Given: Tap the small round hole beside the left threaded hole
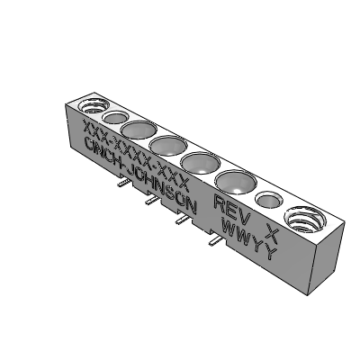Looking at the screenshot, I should click(x=114, y=117).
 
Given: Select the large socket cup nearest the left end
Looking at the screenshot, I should click(x=139, y=130).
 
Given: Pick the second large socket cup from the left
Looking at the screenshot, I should click(x=167, y=145).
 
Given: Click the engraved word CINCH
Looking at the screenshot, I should click(x=102, y=152).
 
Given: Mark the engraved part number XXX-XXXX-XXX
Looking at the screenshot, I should click(x=135, y=148).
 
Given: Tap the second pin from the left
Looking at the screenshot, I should click(x=148, y=202).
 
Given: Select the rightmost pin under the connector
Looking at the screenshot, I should click(x=214, y=240).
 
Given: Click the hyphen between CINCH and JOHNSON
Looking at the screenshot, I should click(x=125, y=166).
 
